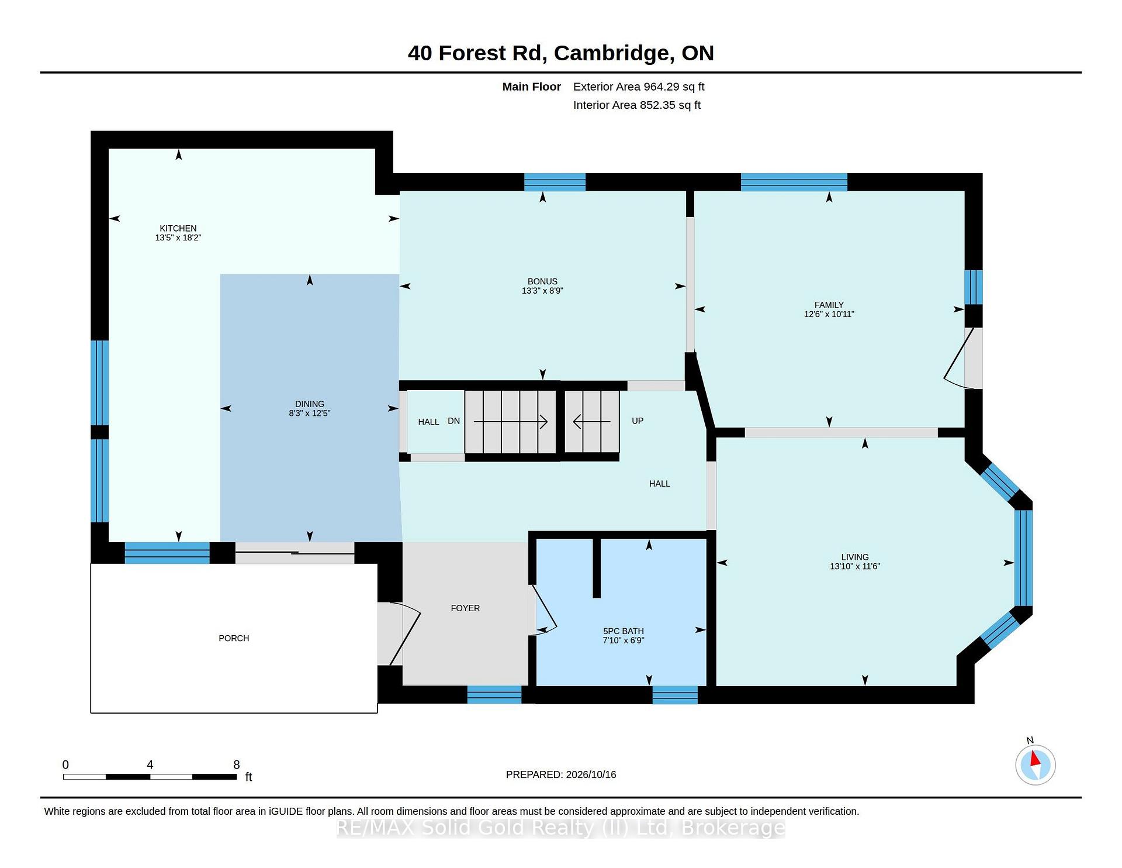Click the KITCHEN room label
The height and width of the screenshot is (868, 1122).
[178, 228]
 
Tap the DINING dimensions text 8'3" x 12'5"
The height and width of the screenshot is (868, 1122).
[310, 413]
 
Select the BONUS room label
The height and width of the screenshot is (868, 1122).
[542, 281]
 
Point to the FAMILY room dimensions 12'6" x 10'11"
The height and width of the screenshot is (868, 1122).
[829, 314]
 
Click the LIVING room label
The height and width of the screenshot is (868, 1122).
[855, 557]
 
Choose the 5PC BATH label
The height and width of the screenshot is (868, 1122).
[624, 631]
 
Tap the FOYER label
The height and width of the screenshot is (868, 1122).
[465, 608]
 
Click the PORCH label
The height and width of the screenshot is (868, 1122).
[234, 638]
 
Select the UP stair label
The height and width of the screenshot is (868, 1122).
[638, 421]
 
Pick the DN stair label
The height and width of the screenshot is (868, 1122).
[453, 421]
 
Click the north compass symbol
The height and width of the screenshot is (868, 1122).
[1035, 764]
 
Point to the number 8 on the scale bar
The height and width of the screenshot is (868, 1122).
[237, 764]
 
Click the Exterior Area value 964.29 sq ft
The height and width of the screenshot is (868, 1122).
[674, 87]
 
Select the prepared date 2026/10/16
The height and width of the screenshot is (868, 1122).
[591, 774]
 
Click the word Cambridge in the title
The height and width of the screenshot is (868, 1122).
[611, 53]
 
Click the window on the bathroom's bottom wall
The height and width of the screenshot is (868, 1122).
[675, 695]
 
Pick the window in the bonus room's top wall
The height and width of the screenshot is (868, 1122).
[555, 182]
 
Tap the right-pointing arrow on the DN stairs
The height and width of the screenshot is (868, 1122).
[510, 421]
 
